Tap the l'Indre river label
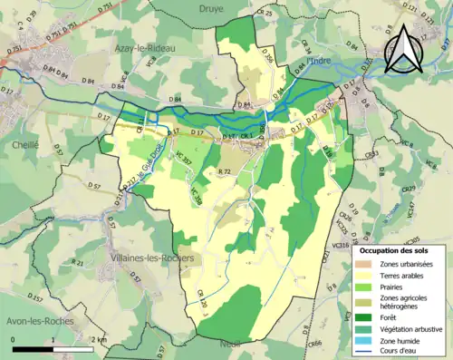pos(321,62)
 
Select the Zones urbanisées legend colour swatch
pos(364,263)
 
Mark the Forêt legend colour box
pos(364,316)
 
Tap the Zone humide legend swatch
pos(364,340)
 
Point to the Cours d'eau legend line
pos(364,352)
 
